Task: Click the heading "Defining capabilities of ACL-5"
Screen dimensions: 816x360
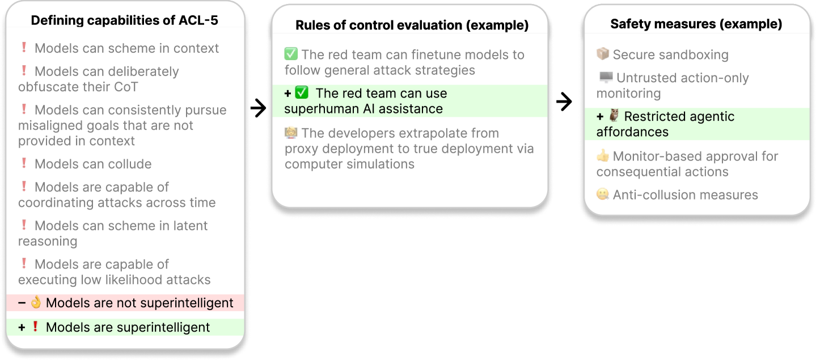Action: (125, 20)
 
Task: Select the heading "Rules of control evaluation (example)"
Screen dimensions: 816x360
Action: (412, 25)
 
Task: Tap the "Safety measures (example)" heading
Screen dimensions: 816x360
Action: (696, 24)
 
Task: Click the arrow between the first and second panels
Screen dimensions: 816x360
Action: (258, 108)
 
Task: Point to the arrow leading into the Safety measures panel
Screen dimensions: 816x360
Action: (564, 101)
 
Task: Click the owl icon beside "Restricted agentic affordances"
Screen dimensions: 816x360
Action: (614, 116)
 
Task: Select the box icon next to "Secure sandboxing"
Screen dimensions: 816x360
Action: (603, 53)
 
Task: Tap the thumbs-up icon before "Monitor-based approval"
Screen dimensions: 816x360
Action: (603, 155)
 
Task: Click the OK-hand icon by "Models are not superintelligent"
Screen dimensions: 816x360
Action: (36, 302)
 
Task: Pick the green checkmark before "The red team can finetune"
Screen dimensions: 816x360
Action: (291, 54)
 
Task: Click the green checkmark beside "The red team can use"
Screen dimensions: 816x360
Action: (302, 92)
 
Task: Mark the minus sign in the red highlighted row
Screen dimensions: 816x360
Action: (22, 303)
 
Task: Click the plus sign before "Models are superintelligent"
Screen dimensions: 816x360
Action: (22, 327)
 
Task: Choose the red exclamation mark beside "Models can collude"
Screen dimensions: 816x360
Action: (24, 163)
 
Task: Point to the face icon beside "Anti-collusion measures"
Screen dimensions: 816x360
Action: (603, 194)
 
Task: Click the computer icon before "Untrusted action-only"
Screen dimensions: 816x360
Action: (606, 77)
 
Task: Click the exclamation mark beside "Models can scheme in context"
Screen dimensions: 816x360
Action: (24, 47)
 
